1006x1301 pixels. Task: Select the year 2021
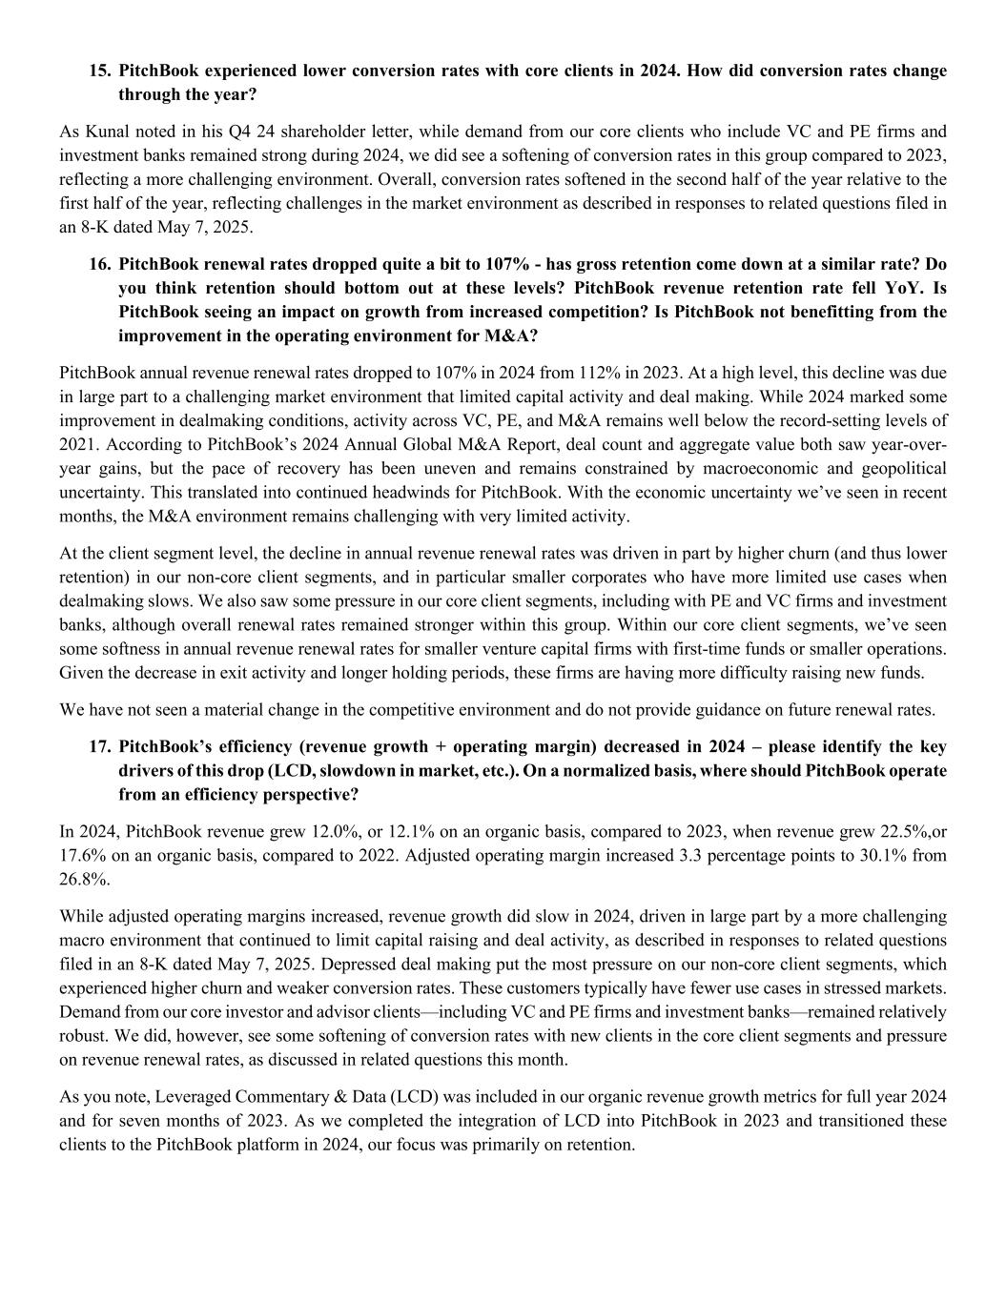[76, 444]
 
